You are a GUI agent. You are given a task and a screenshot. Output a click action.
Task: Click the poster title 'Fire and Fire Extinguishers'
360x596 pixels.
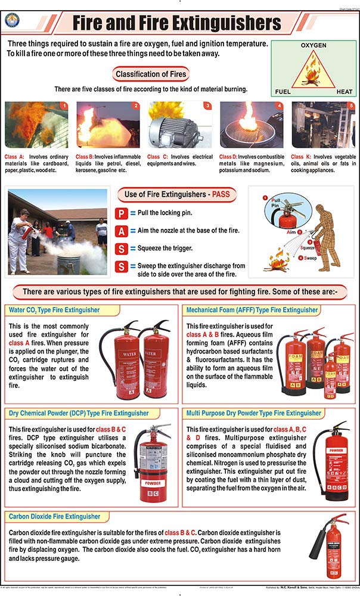[176, 23]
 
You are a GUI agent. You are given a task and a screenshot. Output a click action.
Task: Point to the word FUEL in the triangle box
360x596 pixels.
[283, 92]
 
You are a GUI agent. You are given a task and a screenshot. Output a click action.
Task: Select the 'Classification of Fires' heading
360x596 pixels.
[151, 74]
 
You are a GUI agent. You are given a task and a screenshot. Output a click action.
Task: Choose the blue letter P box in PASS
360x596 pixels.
[121, 213]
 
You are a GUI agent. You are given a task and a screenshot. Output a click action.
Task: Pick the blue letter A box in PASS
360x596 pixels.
[121, 231]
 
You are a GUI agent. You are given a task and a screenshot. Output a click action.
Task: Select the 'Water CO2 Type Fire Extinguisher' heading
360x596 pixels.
[54, 310]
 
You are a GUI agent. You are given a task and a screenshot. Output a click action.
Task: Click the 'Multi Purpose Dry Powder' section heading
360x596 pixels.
[254, 413]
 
